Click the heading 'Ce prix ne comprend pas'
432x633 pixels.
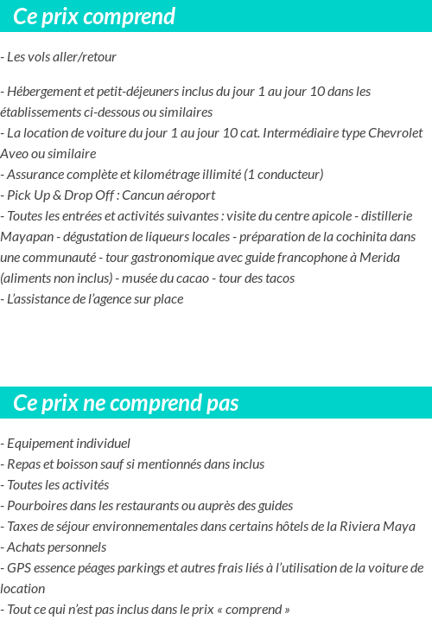126,403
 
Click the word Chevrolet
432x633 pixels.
395,133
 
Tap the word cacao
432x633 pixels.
187,278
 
